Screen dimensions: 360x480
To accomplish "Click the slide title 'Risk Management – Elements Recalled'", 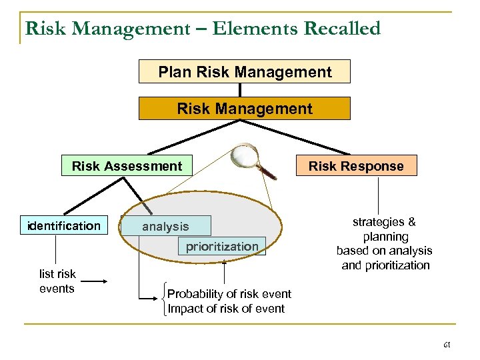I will (x=203, y=29).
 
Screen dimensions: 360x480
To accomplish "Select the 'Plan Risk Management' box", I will (x=245, y=72).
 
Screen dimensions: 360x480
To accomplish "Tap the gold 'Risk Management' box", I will (x=245, y=108).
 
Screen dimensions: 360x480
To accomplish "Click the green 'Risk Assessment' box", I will (x=127, y=166).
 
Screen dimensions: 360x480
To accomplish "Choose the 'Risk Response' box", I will (x=356, y=166).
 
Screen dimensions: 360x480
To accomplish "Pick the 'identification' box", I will (x=64, y=226).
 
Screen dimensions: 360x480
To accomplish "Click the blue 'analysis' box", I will (x=165, y=227).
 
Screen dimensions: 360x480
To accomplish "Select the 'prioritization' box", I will (x=222, y=247).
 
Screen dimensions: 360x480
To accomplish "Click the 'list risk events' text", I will (x=57, y=281).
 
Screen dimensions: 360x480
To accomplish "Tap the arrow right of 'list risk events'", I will (x=95, y=281).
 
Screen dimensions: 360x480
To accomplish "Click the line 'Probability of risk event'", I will (x=229, y=294).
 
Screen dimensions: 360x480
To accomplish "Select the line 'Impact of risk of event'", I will (x=226, y=309).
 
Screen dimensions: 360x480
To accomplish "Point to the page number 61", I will (x=447, y=345).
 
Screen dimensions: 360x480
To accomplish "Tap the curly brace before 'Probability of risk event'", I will (x=164, y=301).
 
